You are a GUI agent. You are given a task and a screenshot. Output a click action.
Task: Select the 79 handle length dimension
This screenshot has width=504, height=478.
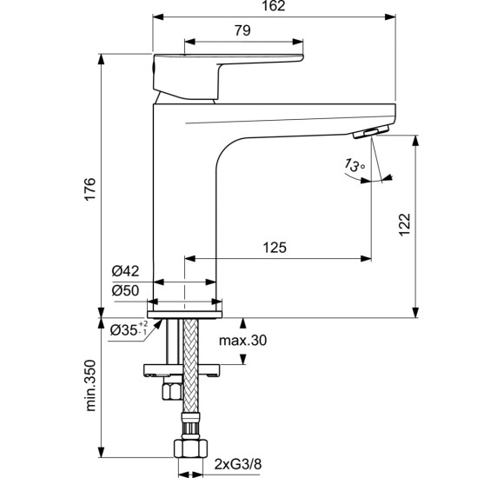pos(242,31)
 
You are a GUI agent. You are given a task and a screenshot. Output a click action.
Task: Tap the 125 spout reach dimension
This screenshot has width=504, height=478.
pos(274,249)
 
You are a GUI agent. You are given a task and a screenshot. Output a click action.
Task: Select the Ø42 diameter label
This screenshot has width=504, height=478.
pos(125,271)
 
